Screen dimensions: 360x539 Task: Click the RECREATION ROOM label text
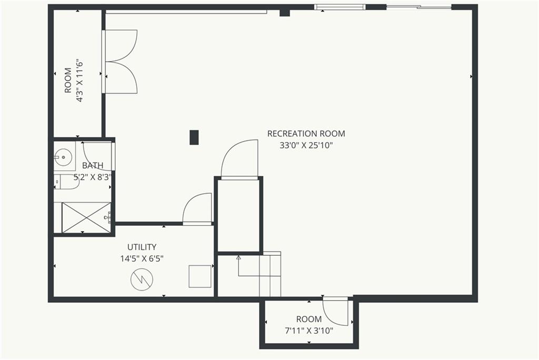(x=306, y=134)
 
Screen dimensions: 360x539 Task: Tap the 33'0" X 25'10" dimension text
(x=306, y=146)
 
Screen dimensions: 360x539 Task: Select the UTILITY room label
(x=142, y=247)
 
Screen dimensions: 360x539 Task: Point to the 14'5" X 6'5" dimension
(x=142, y=258)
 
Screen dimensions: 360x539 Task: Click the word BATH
(x=93, y=165)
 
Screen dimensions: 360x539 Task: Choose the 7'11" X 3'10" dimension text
(x=308, y=331)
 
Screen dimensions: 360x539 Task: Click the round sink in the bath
(x=64, y=156)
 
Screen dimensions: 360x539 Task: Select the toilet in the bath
(x=65, y=182)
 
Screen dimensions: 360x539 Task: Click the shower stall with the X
(x=86, y=217)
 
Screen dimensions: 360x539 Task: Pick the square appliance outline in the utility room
(x=199, y=276)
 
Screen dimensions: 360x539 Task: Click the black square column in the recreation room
(x=194, y=137)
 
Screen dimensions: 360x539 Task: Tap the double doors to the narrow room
(x=121, y=62)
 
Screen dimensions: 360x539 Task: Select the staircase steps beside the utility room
(x=270, y=275)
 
